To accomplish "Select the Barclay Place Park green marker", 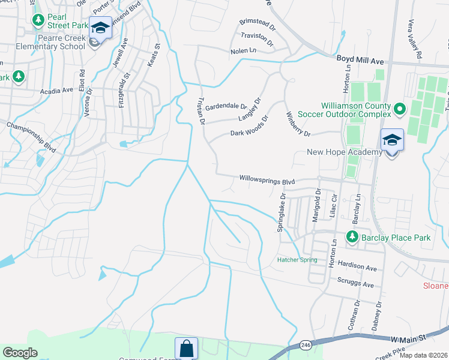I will pyautogui.click(x=352, y=238).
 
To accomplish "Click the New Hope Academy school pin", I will pyautogui.click(x=391, y=141).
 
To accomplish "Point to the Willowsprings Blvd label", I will pyautogui.click(x=268, y=179).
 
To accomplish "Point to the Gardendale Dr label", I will pyautogui.click(x=226, y=107).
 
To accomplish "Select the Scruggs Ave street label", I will pyautogui.click(x=355, y=284).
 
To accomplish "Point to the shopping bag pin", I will pyautogui.click(x=186, y=348).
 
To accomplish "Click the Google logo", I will pyautogui.click(x=20, y=353).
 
